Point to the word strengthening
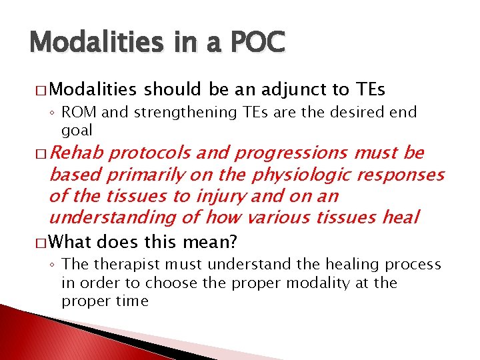tap(173, 113)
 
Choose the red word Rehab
tap(75, 153)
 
